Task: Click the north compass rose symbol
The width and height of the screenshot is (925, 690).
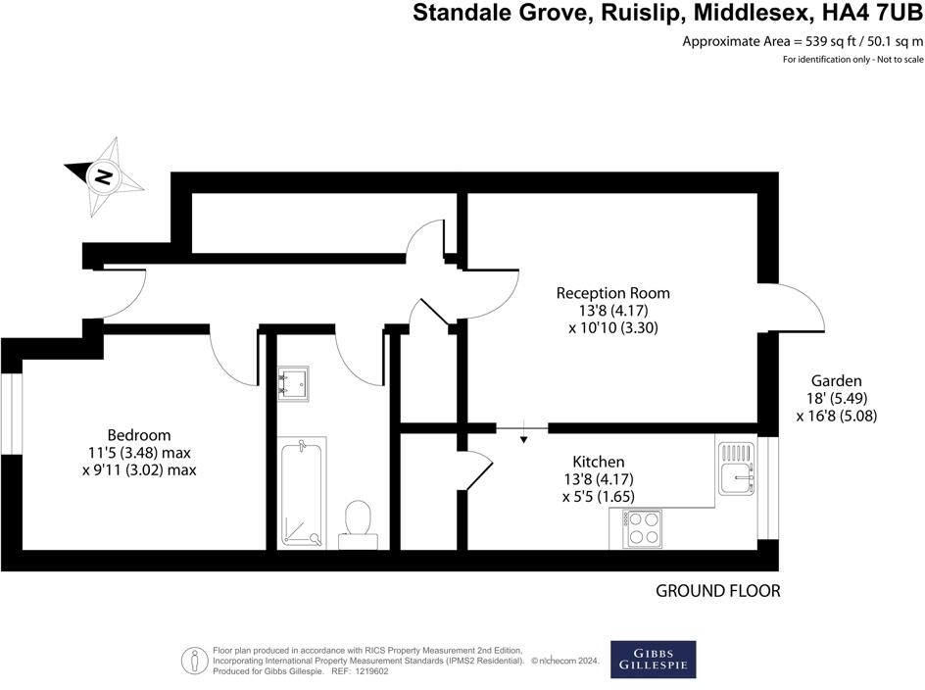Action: (x=103, y=176)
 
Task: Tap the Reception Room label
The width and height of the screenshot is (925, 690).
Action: (x=613, y=293)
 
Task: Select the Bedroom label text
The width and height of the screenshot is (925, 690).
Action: (x=139, y=435)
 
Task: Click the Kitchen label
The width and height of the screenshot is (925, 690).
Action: (x=599, y=462)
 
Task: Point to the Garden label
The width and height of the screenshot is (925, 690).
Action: (x=836, y=381)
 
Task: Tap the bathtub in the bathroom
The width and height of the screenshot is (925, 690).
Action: (x=302, y=492)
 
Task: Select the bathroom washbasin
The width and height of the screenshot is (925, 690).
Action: (x=293, y=382)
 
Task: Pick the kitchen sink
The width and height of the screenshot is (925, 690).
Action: (x=735, y=468)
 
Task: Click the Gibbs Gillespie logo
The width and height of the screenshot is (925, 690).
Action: (x=653, y=659)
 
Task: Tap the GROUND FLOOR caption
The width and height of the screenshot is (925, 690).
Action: (x=718, y=591)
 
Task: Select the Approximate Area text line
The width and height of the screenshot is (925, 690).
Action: (x=802, y=42)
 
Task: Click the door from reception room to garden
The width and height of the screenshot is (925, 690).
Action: (x=792, y=311)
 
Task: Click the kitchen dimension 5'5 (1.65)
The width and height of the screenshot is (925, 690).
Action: (x=599, y=497)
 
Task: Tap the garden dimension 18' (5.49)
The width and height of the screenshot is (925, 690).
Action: (x=836, y=399)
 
